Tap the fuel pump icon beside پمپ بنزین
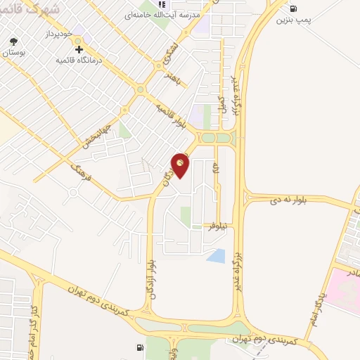[292, 8]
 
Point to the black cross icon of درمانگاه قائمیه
[79, 49]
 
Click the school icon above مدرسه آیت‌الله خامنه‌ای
[161, 4]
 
